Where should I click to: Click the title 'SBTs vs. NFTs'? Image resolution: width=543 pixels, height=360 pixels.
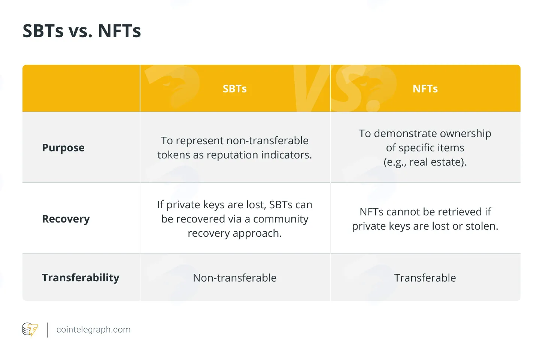(82, 31)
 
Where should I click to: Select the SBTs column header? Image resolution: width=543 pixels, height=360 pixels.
(235, 89)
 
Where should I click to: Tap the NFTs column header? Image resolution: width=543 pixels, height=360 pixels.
(425, 89)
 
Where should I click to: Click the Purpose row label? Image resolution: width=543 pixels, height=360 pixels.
(63, 148)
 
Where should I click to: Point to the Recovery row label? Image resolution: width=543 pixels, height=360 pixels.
(66, 219)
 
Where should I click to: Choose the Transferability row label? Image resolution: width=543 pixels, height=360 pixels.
(81, 278)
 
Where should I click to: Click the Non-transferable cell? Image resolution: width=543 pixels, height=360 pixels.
(235, 278)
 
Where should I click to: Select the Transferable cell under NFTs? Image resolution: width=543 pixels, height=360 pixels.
(425, 278)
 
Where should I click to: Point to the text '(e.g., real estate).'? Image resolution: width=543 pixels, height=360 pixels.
(425, 162)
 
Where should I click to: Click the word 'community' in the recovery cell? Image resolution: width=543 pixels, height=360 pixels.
(281, 219)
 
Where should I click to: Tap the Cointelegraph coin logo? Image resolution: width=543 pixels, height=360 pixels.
(30, 329)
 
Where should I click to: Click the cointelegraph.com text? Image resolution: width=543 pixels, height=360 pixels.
(94, 330)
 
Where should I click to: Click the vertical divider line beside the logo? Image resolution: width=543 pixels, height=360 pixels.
(48, 330)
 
